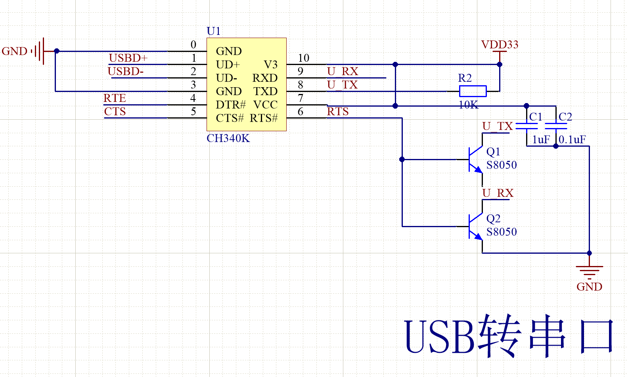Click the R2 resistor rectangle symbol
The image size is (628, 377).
click(473, 91)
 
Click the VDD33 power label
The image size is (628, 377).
click(500, 44)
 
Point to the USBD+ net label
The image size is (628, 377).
click(128, 58)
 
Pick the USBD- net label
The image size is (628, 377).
click(126, 71)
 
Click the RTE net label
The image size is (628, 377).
click(115, 98)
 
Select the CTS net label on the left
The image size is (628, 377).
click(115, 112)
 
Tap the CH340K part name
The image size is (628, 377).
click(228, 138)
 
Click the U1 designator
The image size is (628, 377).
click(214, 31)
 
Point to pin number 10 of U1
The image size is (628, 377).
click(304, 58)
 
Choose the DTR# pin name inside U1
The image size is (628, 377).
click(231, 105)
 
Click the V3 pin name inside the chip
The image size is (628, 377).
click(271, 65)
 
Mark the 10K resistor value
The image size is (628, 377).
click(468, 105)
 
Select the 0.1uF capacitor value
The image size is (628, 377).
click(572, 140)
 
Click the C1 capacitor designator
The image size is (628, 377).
click(536, 117)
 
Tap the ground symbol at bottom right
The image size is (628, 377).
click(590, 272)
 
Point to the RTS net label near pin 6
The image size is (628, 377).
click(338, 112)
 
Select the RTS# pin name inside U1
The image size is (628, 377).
click(264, 119)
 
